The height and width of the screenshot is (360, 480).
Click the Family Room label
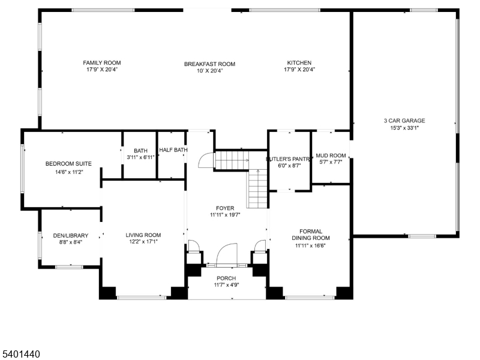(101, 63)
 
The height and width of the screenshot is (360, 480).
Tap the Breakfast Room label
(209, 64)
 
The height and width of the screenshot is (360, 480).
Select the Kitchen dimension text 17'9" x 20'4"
(299, 70)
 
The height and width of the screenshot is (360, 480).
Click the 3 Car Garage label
(404, 121)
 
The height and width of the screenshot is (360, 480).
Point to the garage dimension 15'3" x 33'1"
(404, 127)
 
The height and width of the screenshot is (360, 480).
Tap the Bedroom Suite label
(68, 164)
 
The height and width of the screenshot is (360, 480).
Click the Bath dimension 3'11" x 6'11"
(140, 157)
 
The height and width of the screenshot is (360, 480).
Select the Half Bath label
(173, 151)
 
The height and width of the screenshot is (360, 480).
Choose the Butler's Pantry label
(289, 159)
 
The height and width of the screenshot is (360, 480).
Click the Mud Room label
(331, 155)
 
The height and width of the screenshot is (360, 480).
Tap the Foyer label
(225, 208)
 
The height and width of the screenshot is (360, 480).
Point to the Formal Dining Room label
(307, 235)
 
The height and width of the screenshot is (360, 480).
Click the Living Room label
(143, 235)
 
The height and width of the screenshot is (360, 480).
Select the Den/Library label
(70, 236)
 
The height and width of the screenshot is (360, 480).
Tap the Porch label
(226, 278)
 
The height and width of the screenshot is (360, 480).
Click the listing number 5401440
(21, 355)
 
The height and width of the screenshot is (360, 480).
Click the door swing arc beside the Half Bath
(205, 159)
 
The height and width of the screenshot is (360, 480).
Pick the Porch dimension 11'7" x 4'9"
(226, 285)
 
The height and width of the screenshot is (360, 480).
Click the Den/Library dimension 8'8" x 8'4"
(70, 242)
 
